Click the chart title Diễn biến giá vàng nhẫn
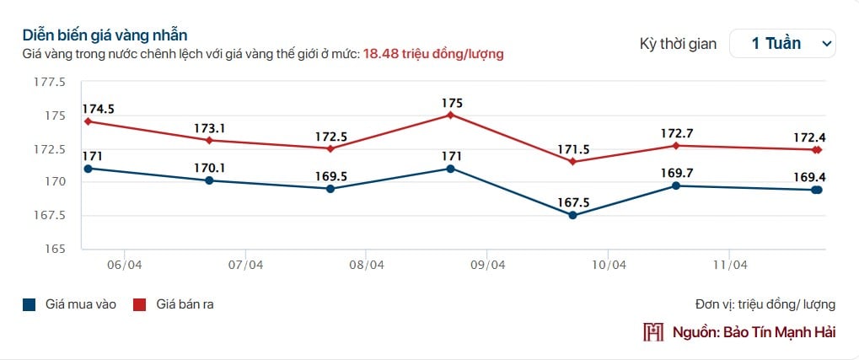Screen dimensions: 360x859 [x=105, y=35]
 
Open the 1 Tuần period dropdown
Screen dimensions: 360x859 [x=781, y=44]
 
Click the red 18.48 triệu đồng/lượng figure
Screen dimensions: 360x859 [x=433, y=54]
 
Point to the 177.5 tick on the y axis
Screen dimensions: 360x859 [x=50, y=82]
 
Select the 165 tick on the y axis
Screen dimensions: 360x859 [x=55, y=249]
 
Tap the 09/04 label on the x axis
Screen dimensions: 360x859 [x=487, y=265]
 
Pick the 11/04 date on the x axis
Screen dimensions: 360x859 [x=730, y=265]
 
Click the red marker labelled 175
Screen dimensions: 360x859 [x=451, y=115]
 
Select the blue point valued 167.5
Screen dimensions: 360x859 [x=573, y=215]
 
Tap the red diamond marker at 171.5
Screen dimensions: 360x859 [x=573, y=162]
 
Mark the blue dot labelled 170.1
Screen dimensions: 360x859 [x=209, y=180]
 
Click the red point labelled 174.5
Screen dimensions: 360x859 [x=89, y=121]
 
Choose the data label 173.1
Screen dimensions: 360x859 [x=209, y=128]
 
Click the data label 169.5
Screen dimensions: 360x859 [x=330, y=175]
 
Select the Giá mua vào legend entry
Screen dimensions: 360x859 [x=70, y=304]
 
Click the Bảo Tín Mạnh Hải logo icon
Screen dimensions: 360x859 [x=653, y=332]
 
